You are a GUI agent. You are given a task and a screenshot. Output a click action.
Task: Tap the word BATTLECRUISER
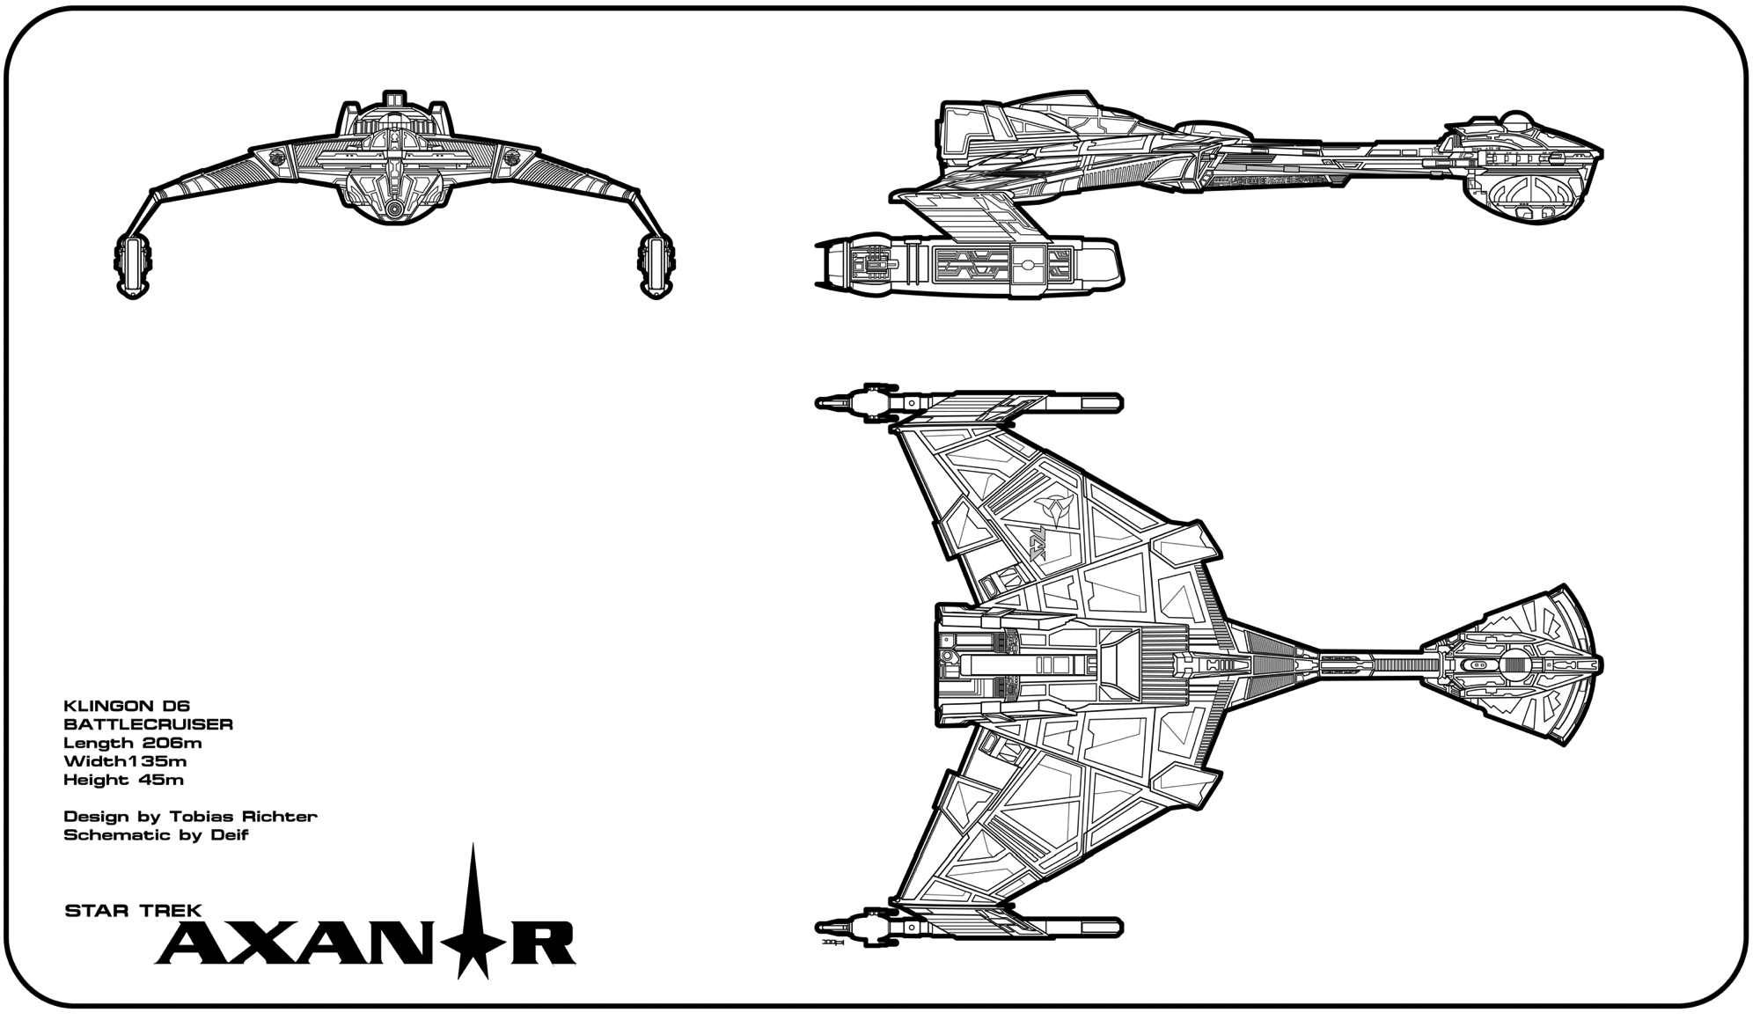pyautogui.click(x=148, y=724)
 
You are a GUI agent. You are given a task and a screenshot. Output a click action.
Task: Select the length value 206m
pyautogui.click(x=172, y=743)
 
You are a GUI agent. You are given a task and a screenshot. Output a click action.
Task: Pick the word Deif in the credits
pyautogui.click(x=231, y=835)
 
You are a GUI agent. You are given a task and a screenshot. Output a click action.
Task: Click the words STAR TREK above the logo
pyautogui.click(x=134, y=911)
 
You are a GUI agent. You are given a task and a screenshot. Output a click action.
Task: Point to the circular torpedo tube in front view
pyautogui.click(x=394, y=209)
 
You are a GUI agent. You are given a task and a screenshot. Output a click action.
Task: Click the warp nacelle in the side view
pyautogui.click(x=968, y=263)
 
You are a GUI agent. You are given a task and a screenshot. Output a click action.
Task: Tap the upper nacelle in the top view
pyautogui.click(x=968, y=403)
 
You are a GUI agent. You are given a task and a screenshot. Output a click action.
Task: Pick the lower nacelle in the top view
pyautogui.click(x=968, y=927)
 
